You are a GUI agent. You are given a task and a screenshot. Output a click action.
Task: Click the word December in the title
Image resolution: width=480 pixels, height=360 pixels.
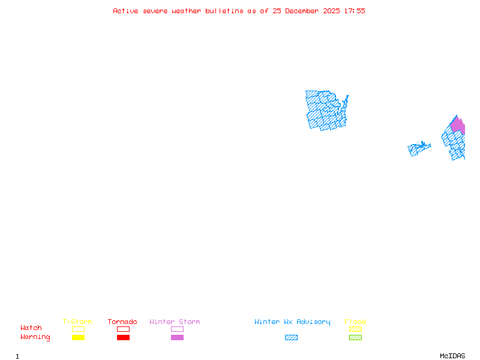302,11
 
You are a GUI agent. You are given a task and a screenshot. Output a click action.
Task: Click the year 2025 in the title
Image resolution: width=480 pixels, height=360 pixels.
331,11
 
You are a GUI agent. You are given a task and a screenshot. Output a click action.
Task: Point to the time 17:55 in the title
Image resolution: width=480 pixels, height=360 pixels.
355,11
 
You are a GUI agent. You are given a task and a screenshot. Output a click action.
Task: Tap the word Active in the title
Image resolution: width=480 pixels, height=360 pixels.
125,11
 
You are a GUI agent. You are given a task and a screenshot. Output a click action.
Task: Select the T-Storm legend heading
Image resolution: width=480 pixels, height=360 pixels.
77,322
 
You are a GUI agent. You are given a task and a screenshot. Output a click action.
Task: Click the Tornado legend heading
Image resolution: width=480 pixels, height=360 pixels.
122,322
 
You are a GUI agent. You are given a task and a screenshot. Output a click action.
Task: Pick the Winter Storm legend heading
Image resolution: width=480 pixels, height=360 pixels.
175,322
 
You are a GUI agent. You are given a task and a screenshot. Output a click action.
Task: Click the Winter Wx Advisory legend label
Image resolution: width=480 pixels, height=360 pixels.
292,322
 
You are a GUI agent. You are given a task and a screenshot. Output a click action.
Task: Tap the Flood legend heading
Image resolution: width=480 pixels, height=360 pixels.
355,322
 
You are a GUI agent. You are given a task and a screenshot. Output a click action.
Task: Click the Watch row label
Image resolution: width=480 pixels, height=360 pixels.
31,328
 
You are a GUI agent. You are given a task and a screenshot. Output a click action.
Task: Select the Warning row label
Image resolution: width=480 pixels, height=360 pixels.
35,337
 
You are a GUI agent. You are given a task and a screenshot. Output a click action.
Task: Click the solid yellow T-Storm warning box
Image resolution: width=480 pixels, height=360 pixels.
79,337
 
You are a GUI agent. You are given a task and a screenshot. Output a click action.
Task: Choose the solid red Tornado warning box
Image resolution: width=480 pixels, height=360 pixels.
124,337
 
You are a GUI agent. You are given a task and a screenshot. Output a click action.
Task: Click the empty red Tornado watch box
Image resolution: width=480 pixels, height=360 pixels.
124,329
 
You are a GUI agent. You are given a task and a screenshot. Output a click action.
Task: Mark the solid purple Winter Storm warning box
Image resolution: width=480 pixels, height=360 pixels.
177,337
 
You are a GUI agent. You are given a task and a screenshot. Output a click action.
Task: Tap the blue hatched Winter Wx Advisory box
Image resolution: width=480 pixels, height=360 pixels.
291,337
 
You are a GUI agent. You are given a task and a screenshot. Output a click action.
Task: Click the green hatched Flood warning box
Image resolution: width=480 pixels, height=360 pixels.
355,337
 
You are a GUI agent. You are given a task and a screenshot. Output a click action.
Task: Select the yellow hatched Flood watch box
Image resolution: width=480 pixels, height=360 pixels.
355,329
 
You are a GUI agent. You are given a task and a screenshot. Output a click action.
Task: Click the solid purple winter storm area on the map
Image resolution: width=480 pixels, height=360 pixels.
458,125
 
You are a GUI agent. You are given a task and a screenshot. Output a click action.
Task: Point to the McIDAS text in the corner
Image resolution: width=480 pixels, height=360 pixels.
452,356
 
